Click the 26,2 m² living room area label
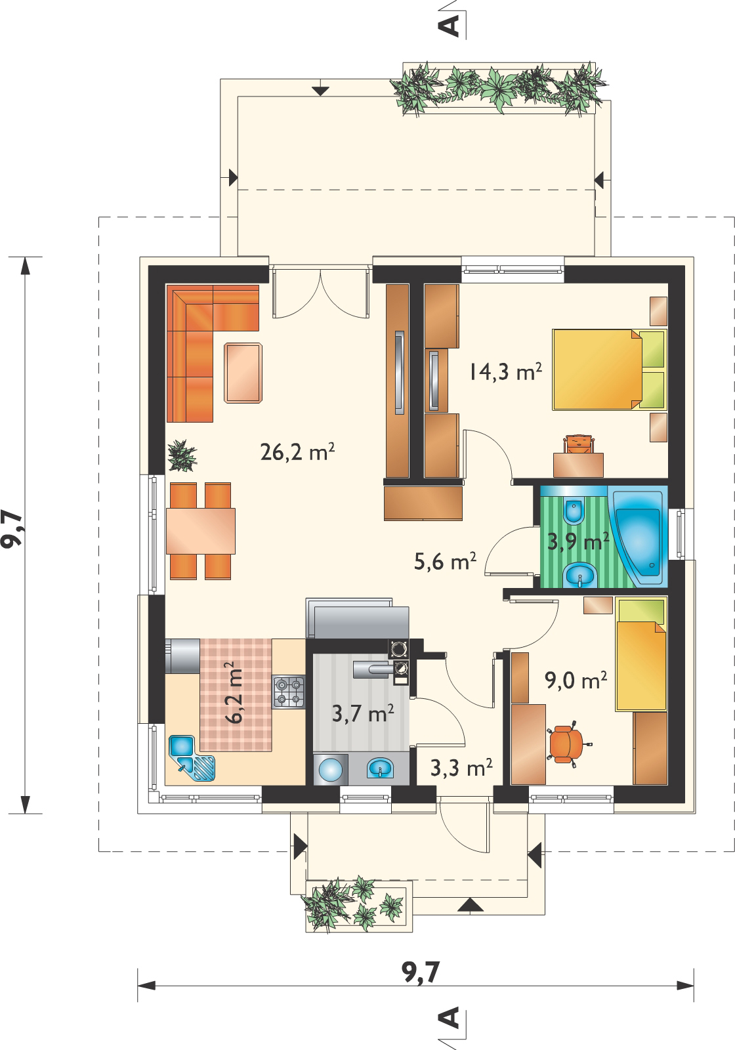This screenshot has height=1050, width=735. coord(297,452)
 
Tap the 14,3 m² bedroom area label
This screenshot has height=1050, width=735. coord(505,371)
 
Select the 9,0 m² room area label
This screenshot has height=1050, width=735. coord(576,680)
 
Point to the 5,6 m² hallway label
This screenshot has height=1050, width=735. coord(445,561)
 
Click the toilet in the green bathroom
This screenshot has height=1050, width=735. coord(575,512)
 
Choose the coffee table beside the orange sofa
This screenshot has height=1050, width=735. coord(243,373)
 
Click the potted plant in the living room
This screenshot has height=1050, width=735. coord(182,456)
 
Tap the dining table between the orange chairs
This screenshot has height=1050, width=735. coord(201,531)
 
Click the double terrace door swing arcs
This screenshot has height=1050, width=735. coord(321,293)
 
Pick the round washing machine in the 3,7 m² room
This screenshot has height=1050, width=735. coord(331,769)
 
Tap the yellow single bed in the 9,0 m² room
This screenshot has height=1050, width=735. coord(641,654)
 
